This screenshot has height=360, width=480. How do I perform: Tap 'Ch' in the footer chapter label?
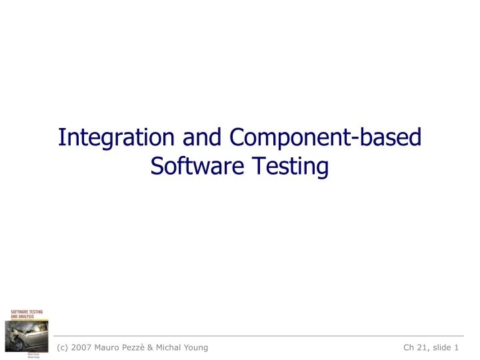[x=410, y=347]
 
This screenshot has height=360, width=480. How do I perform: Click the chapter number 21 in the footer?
[x=425, y=347]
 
